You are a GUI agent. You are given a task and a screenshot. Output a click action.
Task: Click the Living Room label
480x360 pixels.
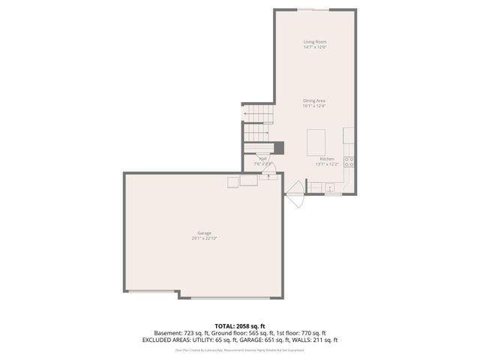(x=314, y=41)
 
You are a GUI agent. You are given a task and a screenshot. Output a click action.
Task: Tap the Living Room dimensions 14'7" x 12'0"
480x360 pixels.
(x=314, y=47)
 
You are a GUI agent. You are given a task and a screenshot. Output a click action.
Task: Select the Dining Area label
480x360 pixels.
(x=314, y=100)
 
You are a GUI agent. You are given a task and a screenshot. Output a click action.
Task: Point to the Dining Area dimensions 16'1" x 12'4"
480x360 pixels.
(x=314, y=106)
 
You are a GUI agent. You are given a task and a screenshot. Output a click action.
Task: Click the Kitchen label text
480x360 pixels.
(x=327, y=159)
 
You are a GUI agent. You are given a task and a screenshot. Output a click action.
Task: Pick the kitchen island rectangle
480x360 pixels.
(x=317, y=140)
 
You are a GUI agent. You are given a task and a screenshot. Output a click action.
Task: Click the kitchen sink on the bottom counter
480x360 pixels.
(x=330, y=187)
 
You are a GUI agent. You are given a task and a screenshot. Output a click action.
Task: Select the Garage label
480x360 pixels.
(x=204, y=233)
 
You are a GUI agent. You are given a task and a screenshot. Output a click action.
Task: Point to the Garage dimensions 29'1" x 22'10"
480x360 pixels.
(x=204, y=238)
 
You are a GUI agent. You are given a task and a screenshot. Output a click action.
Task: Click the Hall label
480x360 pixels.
(x=263, y=158)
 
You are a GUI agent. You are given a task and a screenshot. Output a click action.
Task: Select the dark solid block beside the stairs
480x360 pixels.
(x=278, y=148)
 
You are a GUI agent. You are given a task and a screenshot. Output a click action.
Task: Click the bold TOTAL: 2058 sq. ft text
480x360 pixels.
(x=239, y=326)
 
